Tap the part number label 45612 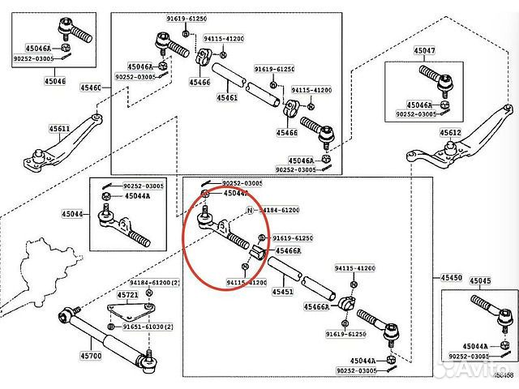(x=450, y=133)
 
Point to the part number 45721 (x=128, y=294)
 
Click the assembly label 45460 (x=91, y=87)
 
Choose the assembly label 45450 (x=452, y=278)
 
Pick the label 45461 (x=227, y=97)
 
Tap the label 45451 (x=283, y=291)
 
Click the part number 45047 (x=424, y=50)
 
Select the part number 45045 (x=480, y=280)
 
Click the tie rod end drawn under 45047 (x=438, y=79)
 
